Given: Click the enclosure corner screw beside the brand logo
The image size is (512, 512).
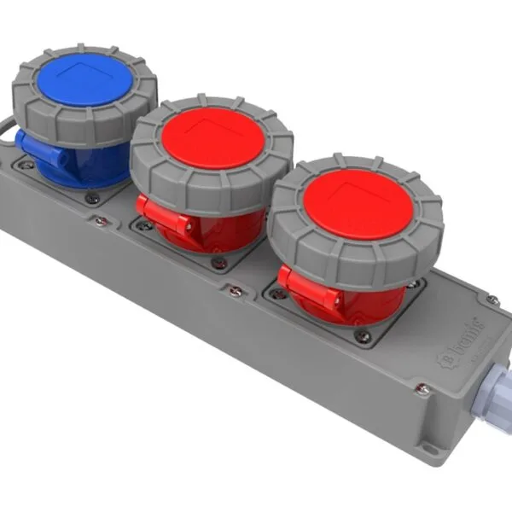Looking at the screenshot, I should [x=492, y=300].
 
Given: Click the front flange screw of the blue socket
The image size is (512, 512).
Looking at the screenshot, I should [x=93, y=199].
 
